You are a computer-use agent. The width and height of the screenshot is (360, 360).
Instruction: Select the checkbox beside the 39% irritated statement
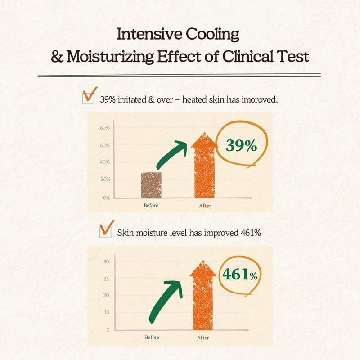click(x=89, y=98)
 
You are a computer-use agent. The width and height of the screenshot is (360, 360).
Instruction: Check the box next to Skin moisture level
click(x=105, y=232)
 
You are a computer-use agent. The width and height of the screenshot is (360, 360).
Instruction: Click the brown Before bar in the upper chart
click(x=152, y=185)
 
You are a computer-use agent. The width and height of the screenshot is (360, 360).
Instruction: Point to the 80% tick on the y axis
click(x=104, y=128)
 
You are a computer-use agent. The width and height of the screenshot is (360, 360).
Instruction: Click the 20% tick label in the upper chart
click(x=104, y=180)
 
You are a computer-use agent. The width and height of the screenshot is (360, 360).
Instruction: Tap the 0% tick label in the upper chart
click(x=106, y=198)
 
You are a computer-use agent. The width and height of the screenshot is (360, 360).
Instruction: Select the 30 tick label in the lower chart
click(x=106, y=261)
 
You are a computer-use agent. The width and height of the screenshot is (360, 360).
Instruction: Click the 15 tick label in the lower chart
click(x=106, y=312)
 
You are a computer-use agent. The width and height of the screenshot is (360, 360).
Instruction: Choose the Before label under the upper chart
click(x=151, y=206)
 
